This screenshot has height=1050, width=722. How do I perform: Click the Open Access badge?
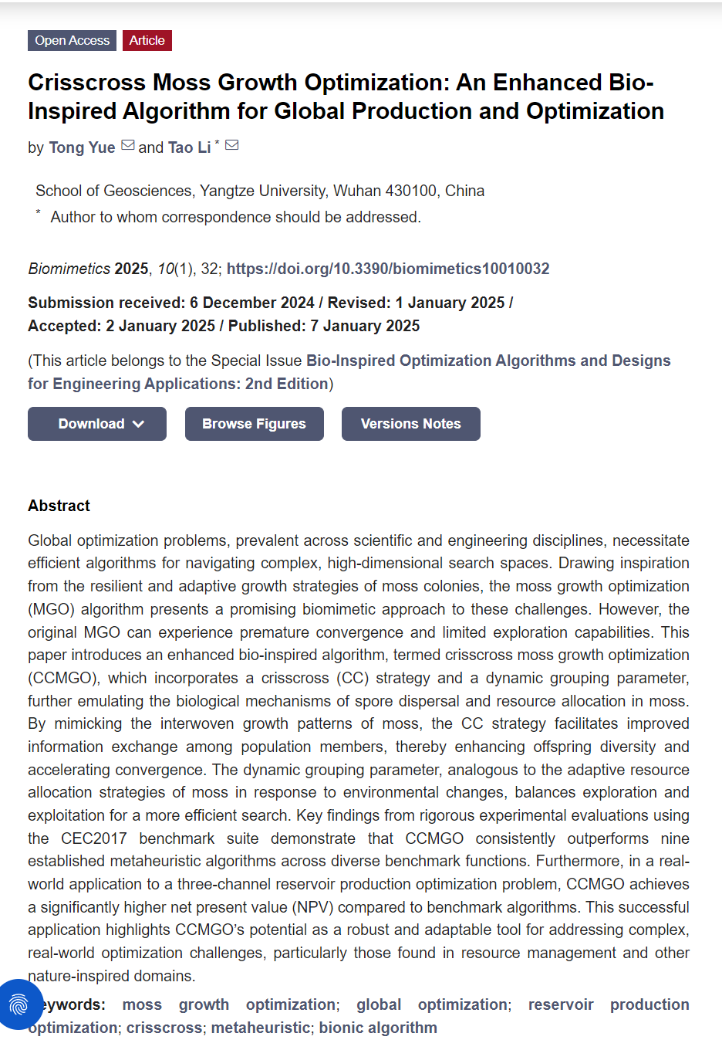coord(72,40)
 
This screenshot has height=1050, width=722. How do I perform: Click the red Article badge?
coord(147,40)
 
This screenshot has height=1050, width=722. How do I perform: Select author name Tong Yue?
coord(82,147)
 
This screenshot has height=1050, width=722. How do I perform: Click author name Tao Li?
coord(189,147)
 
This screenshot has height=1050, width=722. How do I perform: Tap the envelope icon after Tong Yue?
coord(128,145)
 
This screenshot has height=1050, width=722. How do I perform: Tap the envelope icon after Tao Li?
coord(231,145)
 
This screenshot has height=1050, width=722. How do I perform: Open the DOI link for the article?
coord(388,269)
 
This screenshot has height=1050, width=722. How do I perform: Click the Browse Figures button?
coord(254,424)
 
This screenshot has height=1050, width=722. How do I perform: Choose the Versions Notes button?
coord(410,424)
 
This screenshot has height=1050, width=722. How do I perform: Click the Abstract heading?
coord(59,506)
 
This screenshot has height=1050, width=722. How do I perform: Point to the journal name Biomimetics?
coord(69,269)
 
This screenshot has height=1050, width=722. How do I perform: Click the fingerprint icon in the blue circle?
coord(19,1004)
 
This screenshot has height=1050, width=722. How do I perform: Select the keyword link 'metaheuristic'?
coord(261,1028)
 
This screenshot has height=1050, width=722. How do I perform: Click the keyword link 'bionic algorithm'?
coord(378,1028)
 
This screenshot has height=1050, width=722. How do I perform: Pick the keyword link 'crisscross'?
coord(164,1028)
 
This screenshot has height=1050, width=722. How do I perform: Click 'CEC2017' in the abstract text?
coord(94,838)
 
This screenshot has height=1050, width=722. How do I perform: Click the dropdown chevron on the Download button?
coord(139,424)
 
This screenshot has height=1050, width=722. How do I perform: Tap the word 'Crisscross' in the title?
coord(86,83)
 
